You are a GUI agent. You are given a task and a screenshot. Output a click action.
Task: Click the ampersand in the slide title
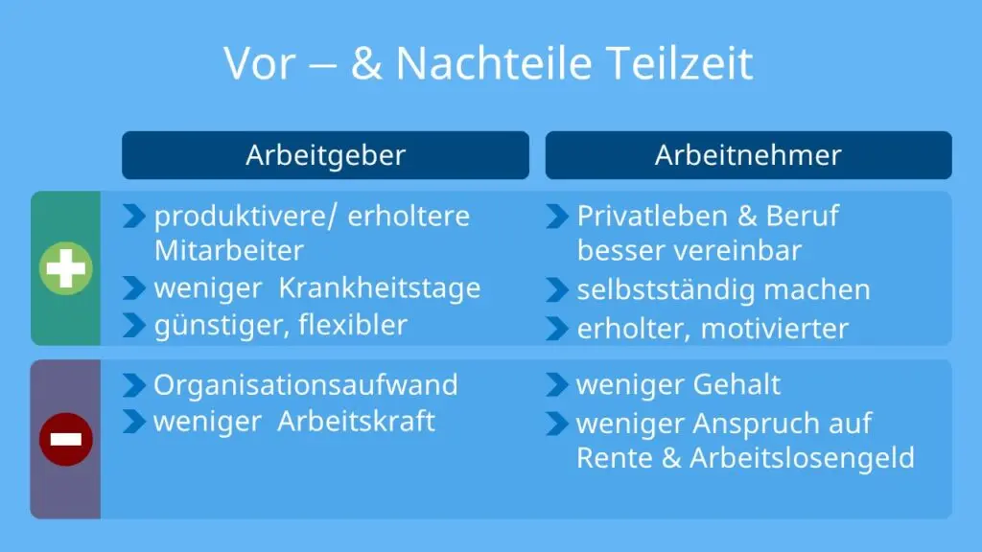pos(366,63)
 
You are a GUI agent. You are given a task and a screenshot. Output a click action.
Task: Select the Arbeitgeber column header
pos(325,155)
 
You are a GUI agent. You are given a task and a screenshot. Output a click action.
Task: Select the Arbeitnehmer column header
pos(748,155)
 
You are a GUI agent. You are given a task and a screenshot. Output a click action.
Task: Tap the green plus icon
pos(66,268)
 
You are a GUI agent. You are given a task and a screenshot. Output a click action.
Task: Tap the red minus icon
pos(66,439)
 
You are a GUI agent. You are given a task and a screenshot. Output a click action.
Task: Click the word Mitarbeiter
pos(229,250)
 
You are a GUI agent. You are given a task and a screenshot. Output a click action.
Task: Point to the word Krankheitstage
pos(380,287)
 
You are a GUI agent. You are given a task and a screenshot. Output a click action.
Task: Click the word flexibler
pos(353,325)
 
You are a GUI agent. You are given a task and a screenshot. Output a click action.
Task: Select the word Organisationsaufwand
pos(306,385)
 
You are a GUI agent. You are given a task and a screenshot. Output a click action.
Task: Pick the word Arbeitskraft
pos(356,421)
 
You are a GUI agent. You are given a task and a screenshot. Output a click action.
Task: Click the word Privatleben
pos(652,216)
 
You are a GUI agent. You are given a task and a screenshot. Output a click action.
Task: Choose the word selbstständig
pos(666,290)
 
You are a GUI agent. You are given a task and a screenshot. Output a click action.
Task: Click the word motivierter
pos(775,329)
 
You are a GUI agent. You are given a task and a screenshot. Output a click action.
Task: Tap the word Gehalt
pos(736,384)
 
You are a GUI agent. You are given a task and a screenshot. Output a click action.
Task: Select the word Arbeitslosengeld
pos(802,458)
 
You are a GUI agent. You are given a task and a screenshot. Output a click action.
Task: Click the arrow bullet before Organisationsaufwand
pos(134,385)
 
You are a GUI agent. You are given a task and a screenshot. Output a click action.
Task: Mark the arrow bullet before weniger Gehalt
pos(557,385)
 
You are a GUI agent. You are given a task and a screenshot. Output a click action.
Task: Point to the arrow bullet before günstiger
pos(134,326)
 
